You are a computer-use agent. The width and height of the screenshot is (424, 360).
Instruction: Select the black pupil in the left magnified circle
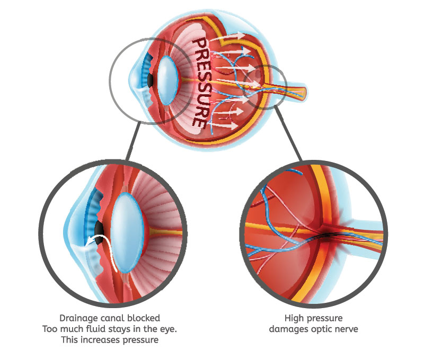point(99,229)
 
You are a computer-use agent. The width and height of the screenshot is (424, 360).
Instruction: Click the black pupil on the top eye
point(151,80)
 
